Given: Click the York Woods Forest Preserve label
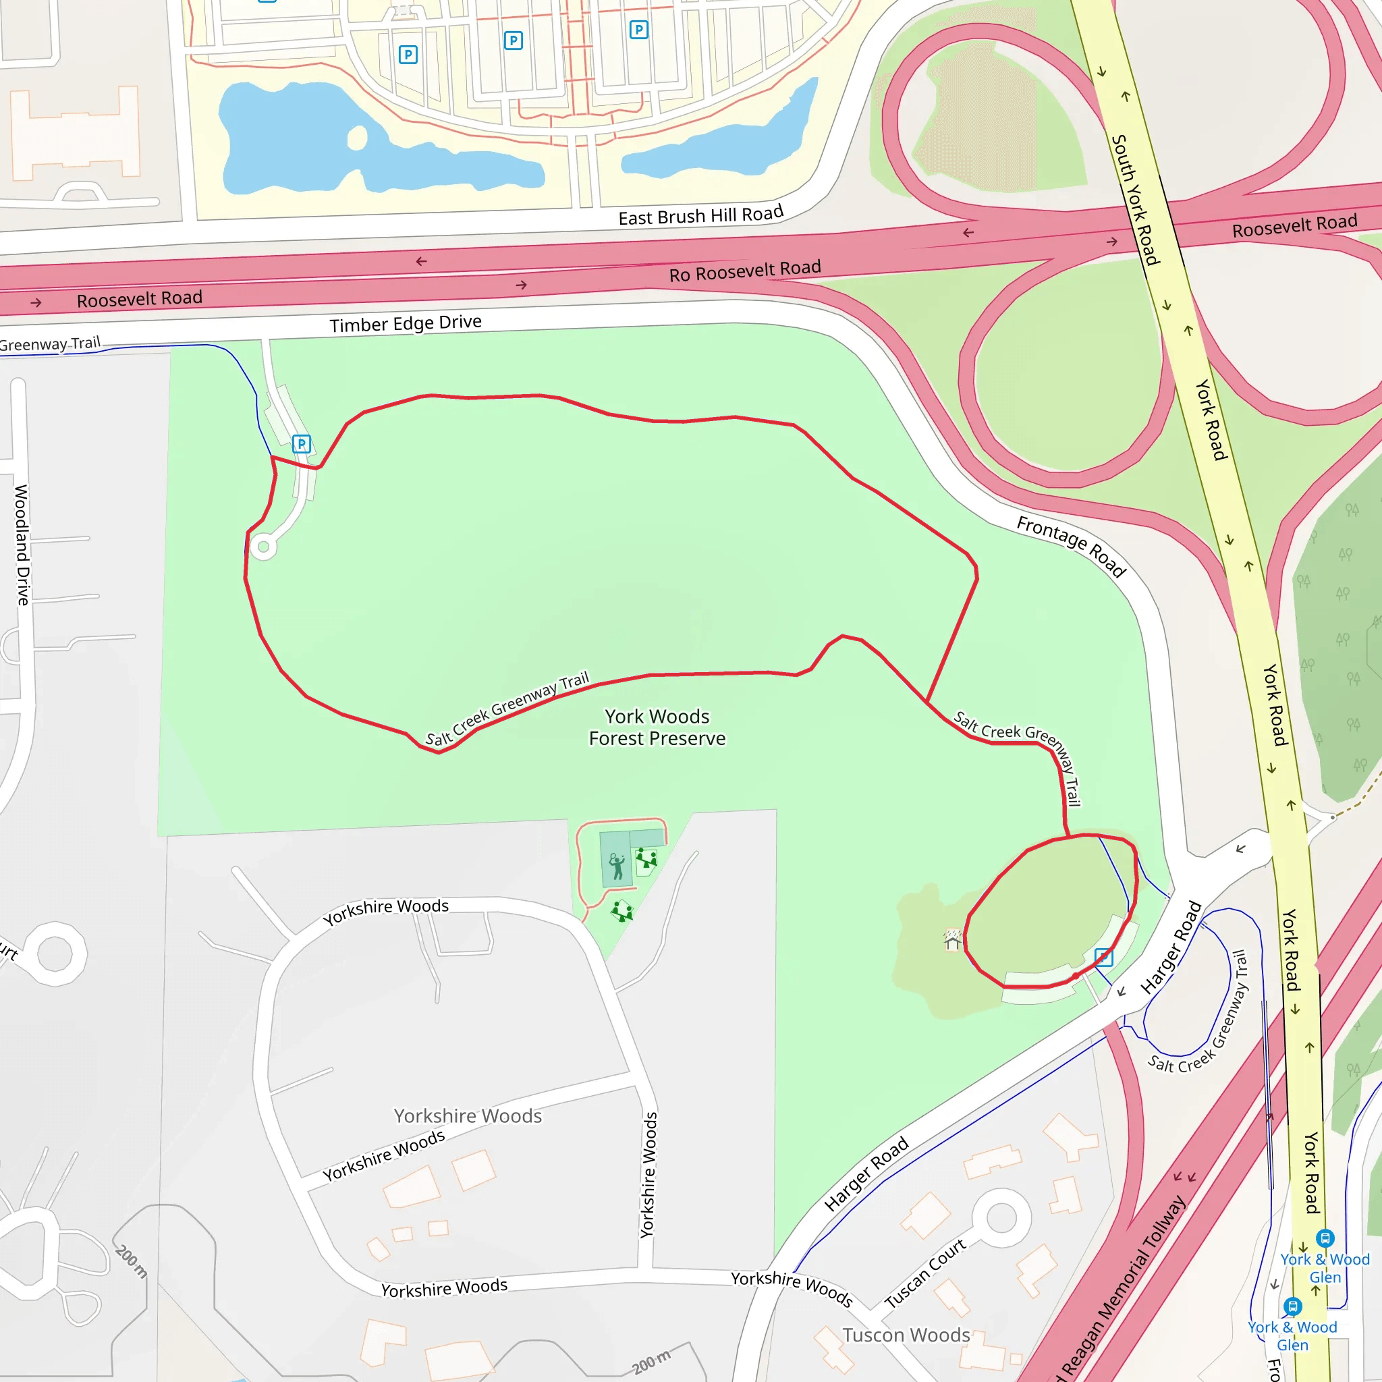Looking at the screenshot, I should click(657, 727).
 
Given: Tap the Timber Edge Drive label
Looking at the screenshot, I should click(405, 324).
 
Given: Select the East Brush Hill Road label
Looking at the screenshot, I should click(700, 215).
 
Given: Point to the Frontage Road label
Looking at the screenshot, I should click(1071, 546).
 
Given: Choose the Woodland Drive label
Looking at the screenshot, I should click(22, 545).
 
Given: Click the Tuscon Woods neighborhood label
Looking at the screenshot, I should click(906, 1335).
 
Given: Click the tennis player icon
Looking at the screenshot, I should click(617, 866).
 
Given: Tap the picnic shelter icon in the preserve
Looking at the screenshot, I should click(952, 940).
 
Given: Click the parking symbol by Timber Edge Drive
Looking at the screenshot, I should click(301, 443).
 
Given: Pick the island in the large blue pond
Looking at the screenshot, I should click(357, 138).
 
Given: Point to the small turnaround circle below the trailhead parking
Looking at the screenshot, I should click(263, 547).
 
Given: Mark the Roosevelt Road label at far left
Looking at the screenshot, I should click(140, 298).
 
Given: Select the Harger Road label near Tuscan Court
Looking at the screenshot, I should click(866, 1174).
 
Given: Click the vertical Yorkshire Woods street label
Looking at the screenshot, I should click(648, 1176).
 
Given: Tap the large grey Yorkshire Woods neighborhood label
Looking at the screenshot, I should click(468, 1116).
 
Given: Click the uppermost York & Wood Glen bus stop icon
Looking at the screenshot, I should click(1325, 1238).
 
